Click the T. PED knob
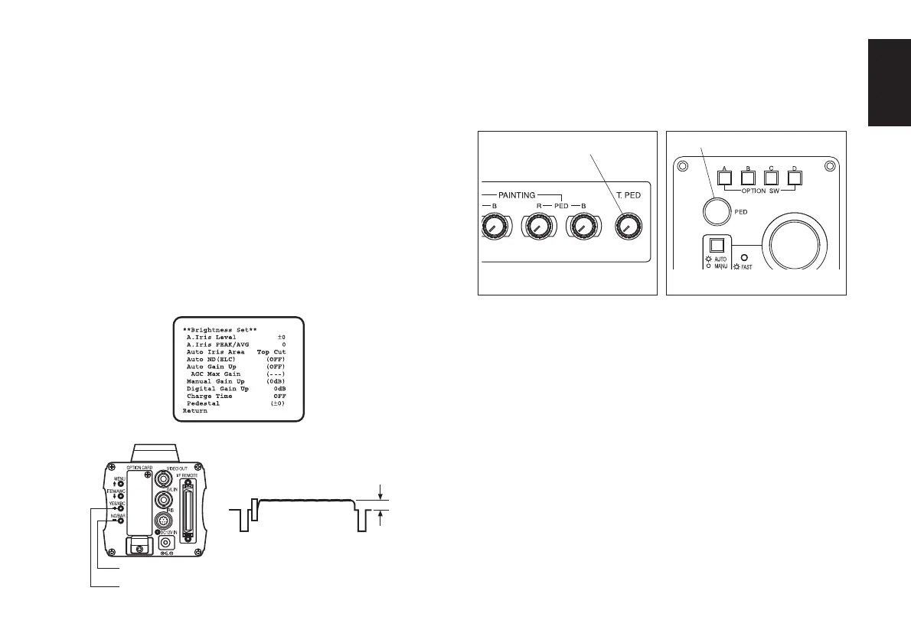tap(629, 226)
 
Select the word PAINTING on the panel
tap(520, 196)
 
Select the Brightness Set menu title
tap(224, 330)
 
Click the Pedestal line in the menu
tap(203, 403)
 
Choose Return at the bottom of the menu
tap(194, 411)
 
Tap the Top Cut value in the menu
tap(271, 352)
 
